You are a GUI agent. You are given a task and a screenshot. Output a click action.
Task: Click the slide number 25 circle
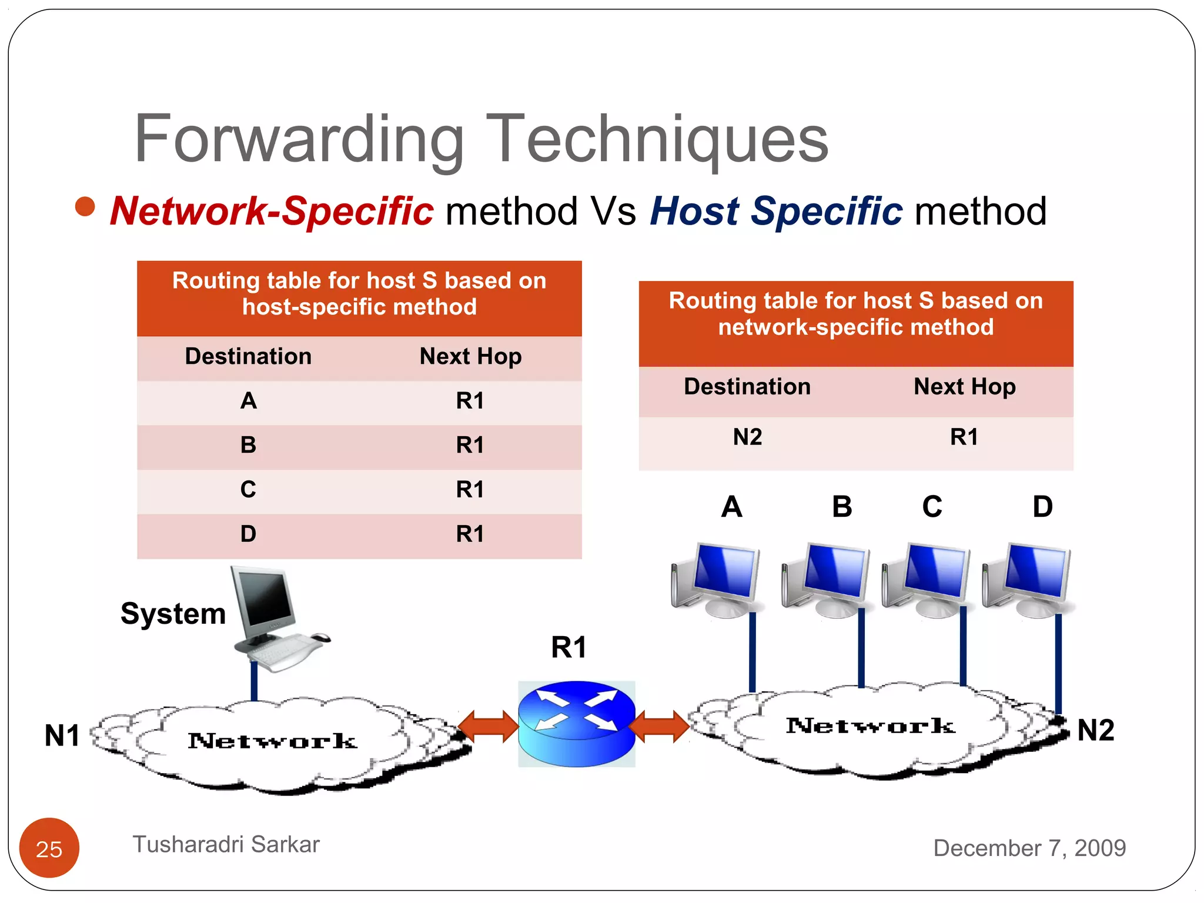(x=49, y=848)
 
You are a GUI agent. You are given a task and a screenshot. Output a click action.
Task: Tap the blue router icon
(x=576, y=724)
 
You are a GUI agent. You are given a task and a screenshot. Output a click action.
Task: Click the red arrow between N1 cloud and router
(x=489, y=727)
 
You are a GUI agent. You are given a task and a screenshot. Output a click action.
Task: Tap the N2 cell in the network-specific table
(x=747, y=437)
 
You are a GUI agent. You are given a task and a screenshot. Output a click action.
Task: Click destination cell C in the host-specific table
(x=248, y=490)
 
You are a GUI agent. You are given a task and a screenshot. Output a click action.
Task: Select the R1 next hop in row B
(x=470, y=445)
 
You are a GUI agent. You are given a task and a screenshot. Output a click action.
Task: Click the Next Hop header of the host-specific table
(x=470, y=356)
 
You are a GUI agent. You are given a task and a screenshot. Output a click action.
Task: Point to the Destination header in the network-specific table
(x=747, y=387)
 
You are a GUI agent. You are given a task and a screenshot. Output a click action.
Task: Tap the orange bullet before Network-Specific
(x=85, y=206)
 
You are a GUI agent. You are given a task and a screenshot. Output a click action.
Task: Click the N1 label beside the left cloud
(x=62, y=735)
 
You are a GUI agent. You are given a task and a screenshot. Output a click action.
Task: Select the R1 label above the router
(x=568, y=647)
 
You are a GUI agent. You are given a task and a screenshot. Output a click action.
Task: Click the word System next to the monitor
(x=173, y=614)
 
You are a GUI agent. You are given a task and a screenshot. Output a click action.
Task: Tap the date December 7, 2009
(x=1029, y=848)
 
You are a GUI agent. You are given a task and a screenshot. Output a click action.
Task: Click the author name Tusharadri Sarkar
(x=226, y=844)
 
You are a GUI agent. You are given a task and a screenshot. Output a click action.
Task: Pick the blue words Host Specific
(x=775, y=211)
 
